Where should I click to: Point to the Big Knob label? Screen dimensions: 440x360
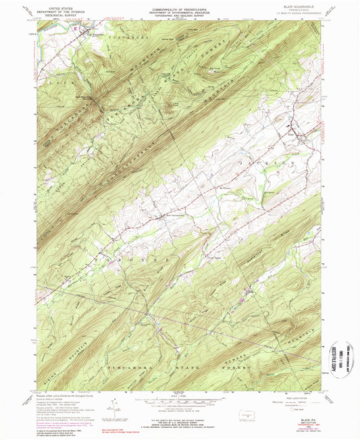[x=197, y=67]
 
